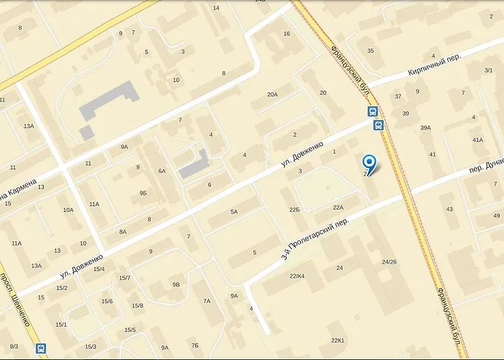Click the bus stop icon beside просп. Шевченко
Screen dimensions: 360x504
coord(41,348)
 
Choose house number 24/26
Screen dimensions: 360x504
coord(390,261)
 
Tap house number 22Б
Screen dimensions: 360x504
coord(294,209)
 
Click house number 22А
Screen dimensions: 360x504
coord(338,207)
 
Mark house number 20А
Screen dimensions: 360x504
coord(271,94)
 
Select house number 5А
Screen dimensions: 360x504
coord(234,211)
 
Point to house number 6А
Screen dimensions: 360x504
coord(162,171)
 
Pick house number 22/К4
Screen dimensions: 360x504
coord(297,276)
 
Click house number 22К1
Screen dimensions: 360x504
coord(338,340)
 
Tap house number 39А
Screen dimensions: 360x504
coord(426,127)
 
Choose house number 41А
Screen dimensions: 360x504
coord(477,140)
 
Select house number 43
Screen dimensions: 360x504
coord(450,209)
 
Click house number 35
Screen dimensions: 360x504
coord(371,50)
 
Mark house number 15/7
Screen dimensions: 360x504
coord(125,277)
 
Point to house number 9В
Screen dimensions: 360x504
coord(176,284)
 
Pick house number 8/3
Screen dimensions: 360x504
coord(13,347)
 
